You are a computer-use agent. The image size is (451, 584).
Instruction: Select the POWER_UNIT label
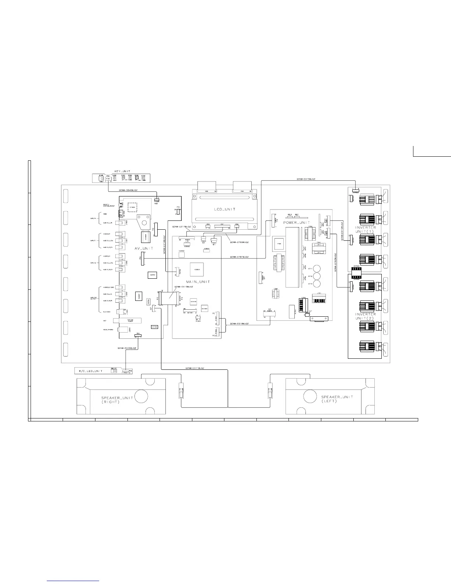pos(297,223)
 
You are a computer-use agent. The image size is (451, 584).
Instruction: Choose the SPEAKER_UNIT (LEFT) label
pos(337,399)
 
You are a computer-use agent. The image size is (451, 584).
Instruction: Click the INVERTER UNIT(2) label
pos(365,316)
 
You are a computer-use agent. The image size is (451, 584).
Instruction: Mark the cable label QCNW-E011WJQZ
pos(195,368)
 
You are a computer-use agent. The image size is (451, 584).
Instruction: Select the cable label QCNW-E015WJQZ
pos(306,179)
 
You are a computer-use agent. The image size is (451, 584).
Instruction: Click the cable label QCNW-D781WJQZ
pos(240,257)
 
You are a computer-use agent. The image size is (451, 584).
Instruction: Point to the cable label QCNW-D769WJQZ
pos(239,242)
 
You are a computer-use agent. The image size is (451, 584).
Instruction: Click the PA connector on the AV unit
pos(142,259)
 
